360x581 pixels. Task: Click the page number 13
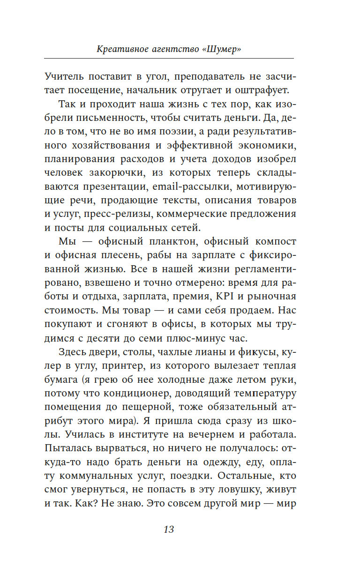[169, 529]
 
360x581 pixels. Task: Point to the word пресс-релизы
[119, 216]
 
